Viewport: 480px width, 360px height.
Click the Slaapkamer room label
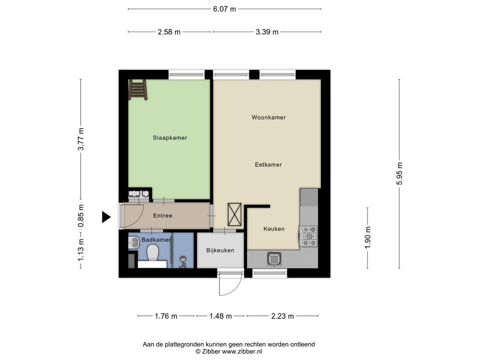click(169, 137)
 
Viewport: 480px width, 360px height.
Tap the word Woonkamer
click(268, 117)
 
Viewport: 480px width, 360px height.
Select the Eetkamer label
click(268, 164)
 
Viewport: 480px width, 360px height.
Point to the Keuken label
click(273, 229)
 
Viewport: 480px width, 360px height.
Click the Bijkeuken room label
click(220, 250)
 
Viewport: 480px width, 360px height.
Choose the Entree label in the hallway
click(162, 216)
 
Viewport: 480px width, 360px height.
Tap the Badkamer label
click(155, 240)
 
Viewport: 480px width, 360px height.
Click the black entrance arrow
click(106, 217)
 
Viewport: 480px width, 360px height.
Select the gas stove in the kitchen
click(308, 236)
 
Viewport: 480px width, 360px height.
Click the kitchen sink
click(273, 258)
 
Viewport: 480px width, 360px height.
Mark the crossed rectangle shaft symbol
click(234, 214)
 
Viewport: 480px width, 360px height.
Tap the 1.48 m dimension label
click(220, 316)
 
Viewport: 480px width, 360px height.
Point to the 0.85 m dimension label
click(81, 216)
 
